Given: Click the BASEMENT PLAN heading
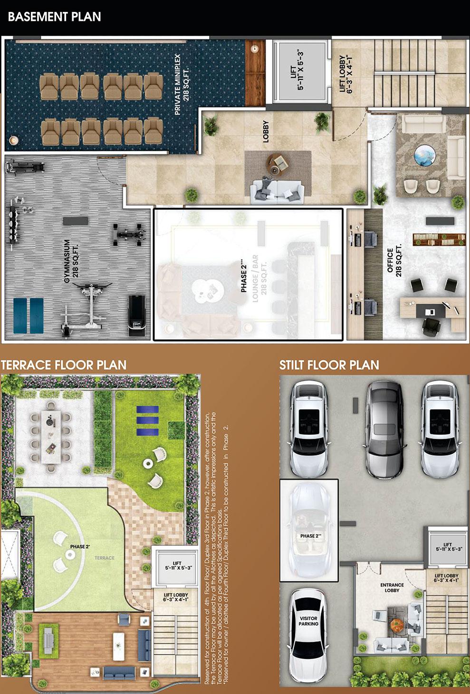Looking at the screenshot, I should (55, 17).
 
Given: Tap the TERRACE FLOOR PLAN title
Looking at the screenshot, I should (64, 365).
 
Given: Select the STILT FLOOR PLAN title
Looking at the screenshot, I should (329, 365).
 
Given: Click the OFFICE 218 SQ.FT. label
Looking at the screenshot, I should (394, 260).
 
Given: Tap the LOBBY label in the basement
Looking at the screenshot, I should (265, 131).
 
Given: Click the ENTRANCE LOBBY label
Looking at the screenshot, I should (392, 588).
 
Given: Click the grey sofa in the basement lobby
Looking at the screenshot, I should (277, 188).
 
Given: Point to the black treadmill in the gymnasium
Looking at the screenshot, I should (136, 317).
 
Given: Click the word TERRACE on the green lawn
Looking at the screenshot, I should (104, 558).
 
